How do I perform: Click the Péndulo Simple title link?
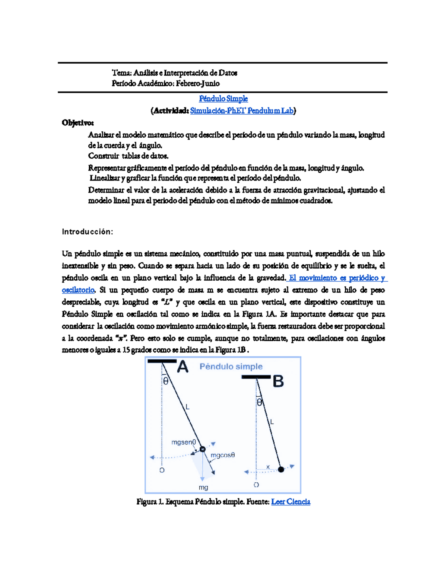pos(223,99)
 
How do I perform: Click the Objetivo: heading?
pos(78,123)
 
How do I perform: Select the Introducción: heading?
pos(87,232)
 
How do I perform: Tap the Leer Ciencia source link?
pos(291,502)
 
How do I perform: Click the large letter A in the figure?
pos(183,367)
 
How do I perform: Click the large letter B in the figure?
pos(278,381)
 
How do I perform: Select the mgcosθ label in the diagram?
pos(223,455)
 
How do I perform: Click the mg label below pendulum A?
pos(203,488)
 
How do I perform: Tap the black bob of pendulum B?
pos(281,470)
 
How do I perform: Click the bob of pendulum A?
pos(203,449)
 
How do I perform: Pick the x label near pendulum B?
pos(268,467)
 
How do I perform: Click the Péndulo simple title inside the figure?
pos(231,367)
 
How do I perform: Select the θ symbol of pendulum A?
pos(166,381)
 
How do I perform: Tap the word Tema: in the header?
pos(121,73)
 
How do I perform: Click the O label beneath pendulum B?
pos(256,485)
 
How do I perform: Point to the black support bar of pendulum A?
pos(162,361)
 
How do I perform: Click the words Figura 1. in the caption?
pos(150,502)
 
